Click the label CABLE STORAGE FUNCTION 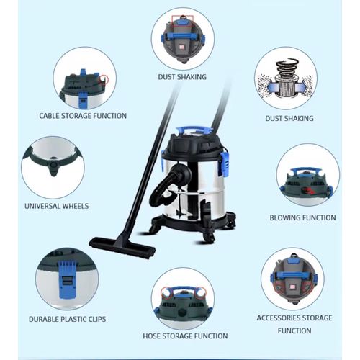tap(83, 116)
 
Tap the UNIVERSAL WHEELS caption tap(57, 206)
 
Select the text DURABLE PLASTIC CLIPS tap(67, 319)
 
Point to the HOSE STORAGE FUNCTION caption tap(185, 336)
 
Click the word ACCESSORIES tap(279, 318)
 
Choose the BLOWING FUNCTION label tap(302, 217)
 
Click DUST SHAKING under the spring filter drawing tap(289, 118)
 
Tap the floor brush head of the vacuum tap(122, 247)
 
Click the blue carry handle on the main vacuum tap(194, 130)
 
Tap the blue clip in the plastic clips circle tap(67, 279)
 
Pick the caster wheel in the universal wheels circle tap(53, 167)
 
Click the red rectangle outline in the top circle tap(182, 22)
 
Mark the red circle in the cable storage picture tap(104, 79)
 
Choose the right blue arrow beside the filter tap(300, 86)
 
